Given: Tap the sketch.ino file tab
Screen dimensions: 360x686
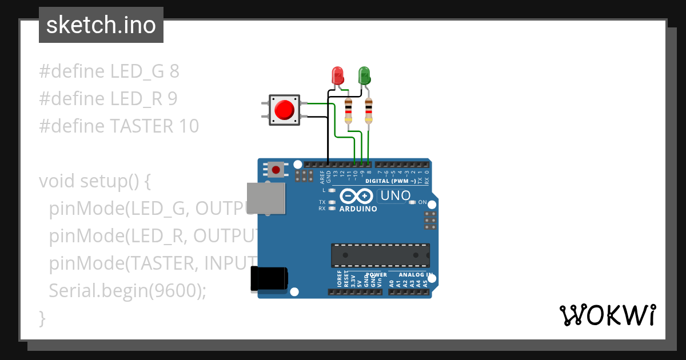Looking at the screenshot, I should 101,25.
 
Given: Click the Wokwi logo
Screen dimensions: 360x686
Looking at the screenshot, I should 607,315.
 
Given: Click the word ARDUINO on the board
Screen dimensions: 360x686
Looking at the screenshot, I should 358,209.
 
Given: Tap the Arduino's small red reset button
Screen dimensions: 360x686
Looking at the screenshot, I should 277,170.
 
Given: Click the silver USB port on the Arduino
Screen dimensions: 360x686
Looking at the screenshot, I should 266,199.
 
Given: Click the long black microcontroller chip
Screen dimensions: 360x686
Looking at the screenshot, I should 380,255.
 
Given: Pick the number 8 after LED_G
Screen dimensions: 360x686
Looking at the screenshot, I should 174,71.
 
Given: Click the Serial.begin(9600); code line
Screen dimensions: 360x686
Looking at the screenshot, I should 127,291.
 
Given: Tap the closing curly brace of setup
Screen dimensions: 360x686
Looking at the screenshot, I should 42,317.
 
